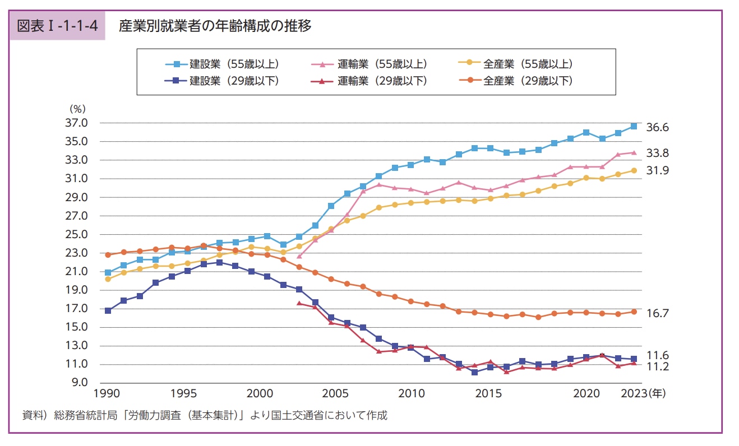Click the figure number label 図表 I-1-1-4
57,26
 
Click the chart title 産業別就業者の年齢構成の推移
215,26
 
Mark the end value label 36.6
658,127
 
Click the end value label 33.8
658,153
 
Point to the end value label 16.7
658,313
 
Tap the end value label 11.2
658,366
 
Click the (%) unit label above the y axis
76,109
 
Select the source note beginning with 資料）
205,416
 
